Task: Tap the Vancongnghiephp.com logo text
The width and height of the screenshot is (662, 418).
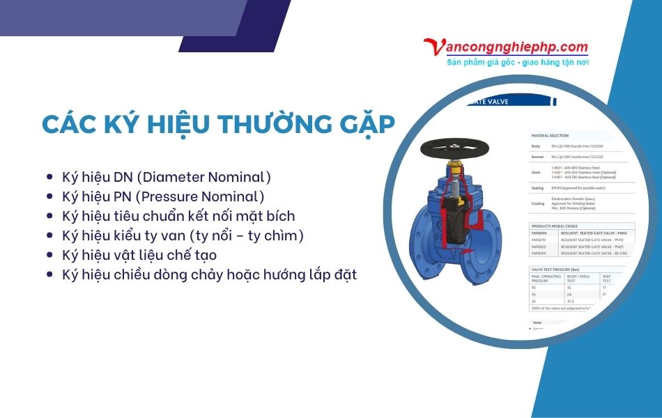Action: (x=506, y=47)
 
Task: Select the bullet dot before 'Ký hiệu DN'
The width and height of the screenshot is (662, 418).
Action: (x=49, y=178)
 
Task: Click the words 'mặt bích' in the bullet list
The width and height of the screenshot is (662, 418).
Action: (x=268, y=216)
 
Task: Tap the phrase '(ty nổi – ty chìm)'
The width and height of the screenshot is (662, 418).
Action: (x=246, y=235)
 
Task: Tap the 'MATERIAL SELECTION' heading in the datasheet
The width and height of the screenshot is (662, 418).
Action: (x=551, y=136)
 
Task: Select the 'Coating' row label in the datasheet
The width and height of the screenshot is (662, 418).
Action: (x=538, y=203)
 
